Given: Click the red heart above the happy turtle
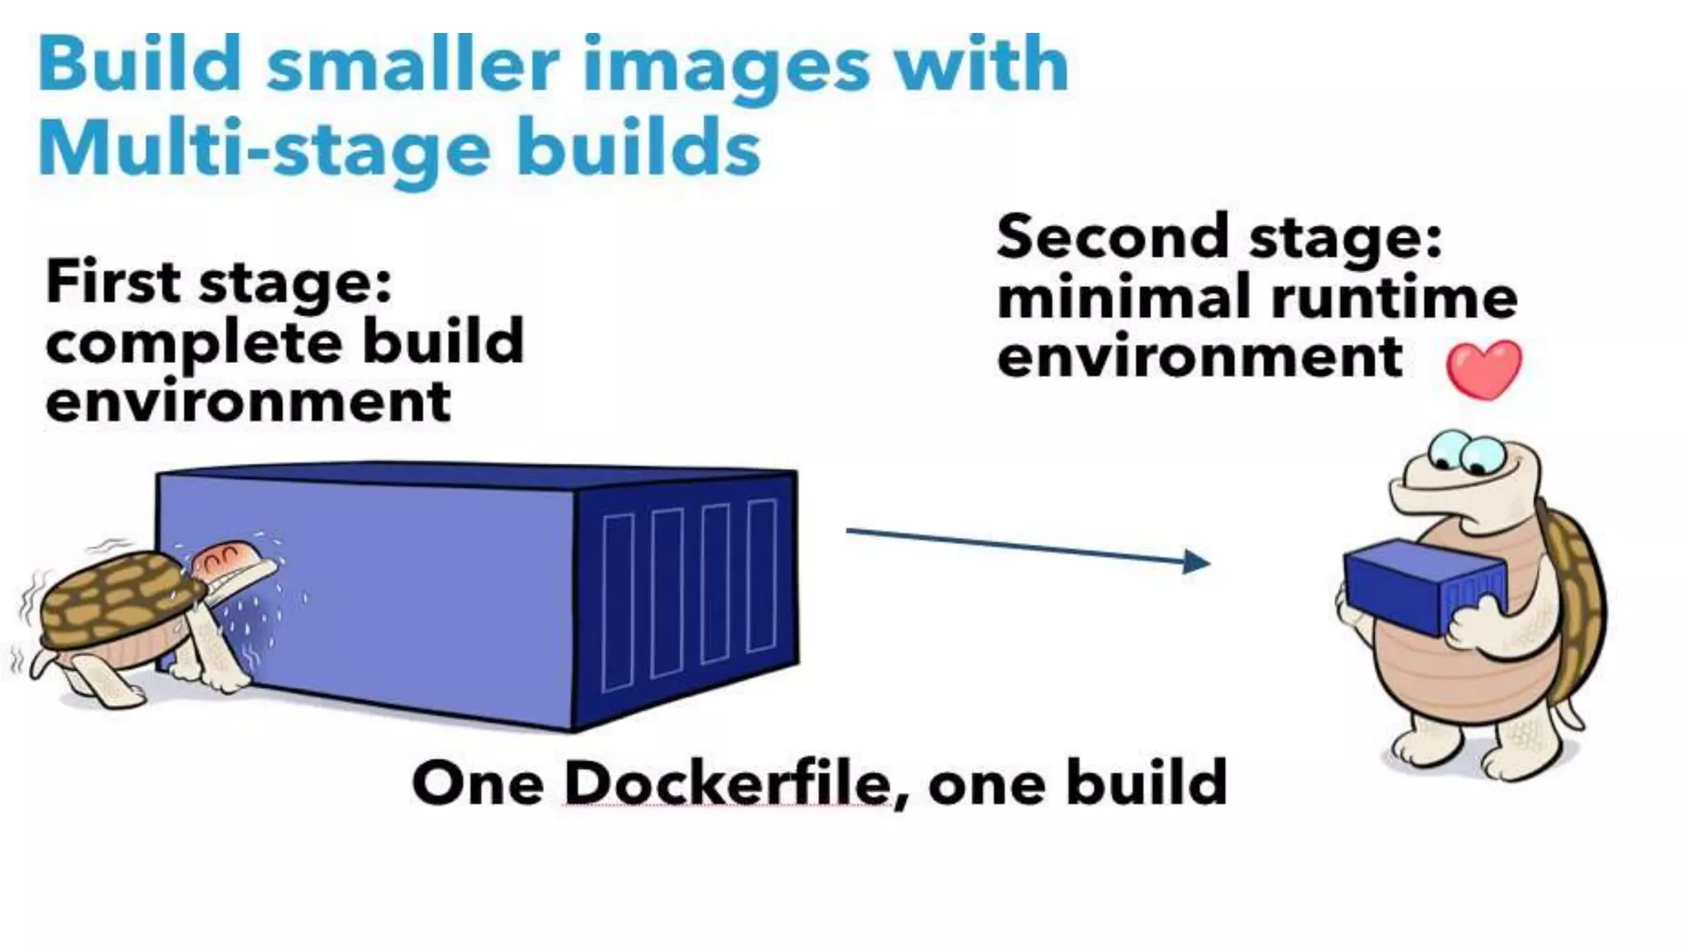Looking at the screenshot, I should coord(1483,369).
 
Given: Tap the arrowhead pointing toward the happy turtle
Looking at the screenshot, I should coord(1197,563).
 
